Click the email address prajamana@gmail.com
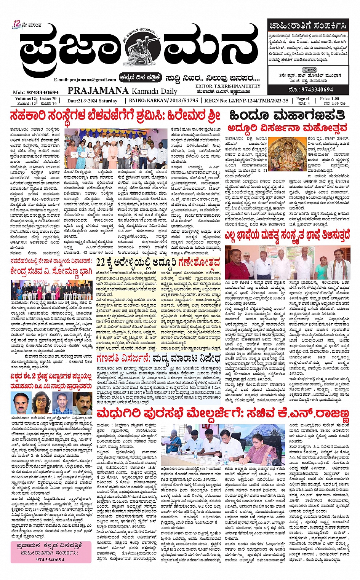pyautogui.click(x=85, y=80)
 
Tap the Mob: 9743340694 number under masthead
pyautogui.click(x=36, y=92)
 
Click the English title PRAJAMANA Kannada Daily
pyautogui.click(x=122, y=91)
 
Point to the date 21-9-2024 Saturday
pyautogui.click(x=92, y=101)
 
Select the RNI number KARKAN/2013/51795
pyautogui.click(x=163, y=101)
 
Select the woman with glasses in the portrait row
pyautogui.click(x=41, y=403)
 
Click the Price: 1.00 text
pyautogui.click(x=330, y=99)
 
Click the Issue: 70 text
pyautogui.click(x=48, y=99)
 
